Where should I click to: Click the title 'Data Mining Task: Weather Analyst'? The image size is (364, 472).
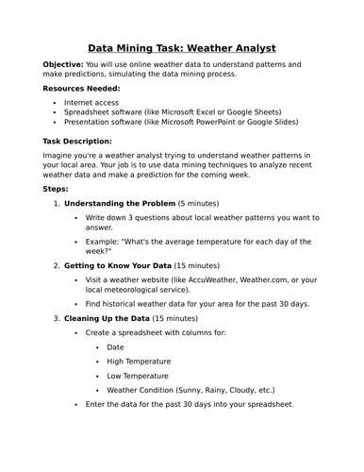tap(182, 47)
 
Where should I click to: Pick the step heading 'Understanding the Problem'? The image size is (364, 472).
tap(119, 203)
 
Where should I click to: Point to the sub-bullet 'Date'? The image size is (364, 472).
tap(115, 347)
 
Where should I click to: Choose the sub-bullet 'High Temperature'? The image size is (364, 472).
tap(139, 361)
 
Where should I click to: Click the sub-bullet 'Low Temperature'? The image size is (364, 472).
tap(138, 375)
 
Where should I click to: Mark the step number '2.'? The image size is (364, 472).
tap(58, 265)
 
